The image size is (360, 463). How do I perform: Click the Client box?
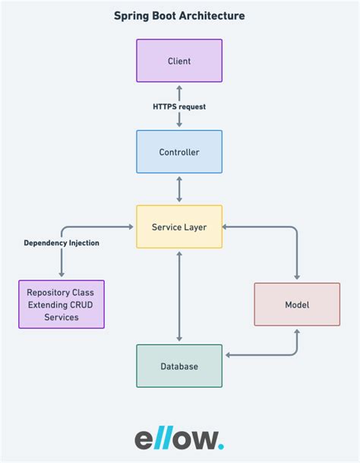point(179,61)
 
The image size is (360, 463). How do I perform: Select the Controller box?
point(179,152)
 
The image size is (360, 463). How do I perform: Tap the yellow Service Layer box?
point(179,227)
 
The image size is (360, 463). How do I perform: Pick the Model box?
point(297,304)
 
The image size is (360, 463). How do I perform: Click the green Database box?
point(179,366)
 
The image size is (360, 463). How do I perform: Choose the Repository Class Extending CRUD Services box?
point(62,304)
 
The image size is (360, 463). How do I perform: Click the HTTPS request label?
point(179,106)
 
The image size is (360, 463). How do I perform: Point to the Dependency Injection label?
point(62,243)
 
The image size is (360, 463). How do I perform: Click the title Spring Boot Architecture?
point(179,15)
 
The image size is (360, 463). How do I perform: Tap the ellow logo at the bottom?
point(179,439)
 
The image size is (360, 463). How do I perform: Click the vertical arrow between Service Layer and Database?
point(179,297)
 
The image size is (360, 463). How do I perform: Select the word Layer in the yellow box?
point(194,227)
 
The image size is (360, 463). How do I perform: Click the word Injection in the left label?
point(83,243)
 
